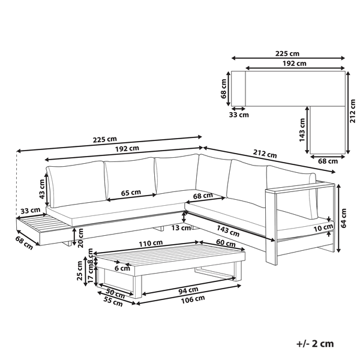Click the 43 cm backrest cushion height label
click(x=41, y=189)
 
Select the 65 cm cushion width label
click(x=131, y=193)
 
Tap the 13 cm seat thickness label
click(x=181, y=228)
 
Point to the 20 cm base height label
click(x=80, y=238)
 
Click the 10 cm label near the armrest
click(x=323, y=228)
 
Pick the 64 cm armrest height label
click(x=343, y=218)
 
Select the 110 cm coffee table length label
click(x=151, y=243)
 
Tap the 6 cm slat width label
click(x=122, y=268)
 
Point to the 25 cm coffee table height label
click(x=79, y=271)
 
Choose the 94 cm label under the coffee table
click(x=188, y=290)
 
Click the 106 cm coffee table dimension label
click(x=193, y=299)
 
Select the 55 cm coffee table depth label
click(x=113, y=301)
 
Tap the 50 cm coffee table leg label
click(x=115, y=293)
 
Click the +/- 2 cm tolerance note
click(x=315, y=344)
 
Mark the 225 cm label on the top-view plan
click(x=287, y=53)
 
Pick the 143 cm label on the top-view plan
click(x=302, y=130)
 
